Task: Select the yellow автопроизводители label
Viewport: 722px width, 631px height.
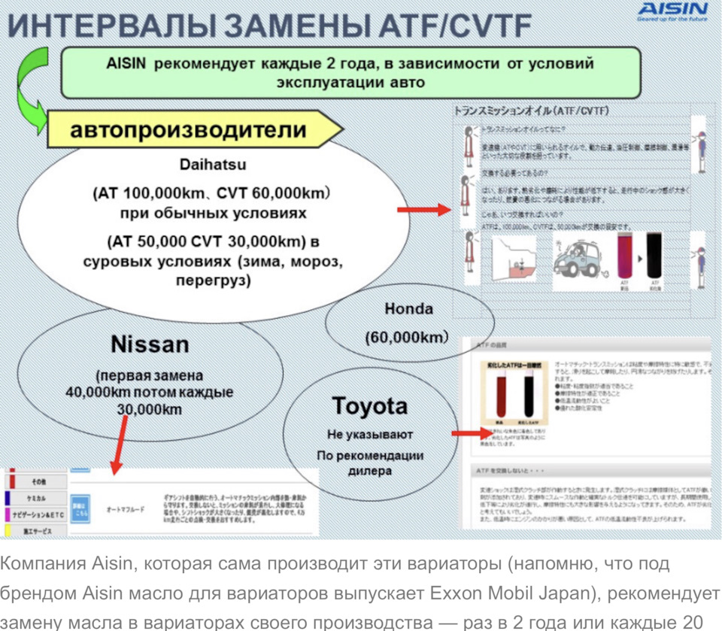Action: (188, 130)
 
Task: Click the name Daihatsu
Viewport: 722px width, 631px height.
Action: (213, 163)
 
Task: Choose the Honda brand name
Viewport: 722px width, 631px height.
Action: (408, 308)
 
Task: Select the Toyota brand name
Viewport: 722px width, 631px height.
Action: (369, 406)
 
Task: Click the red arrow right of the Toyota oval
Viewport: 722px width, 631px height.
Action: (471, 434)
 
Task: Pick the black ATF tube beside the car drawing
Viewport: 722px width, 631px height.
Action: (654, 259)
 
